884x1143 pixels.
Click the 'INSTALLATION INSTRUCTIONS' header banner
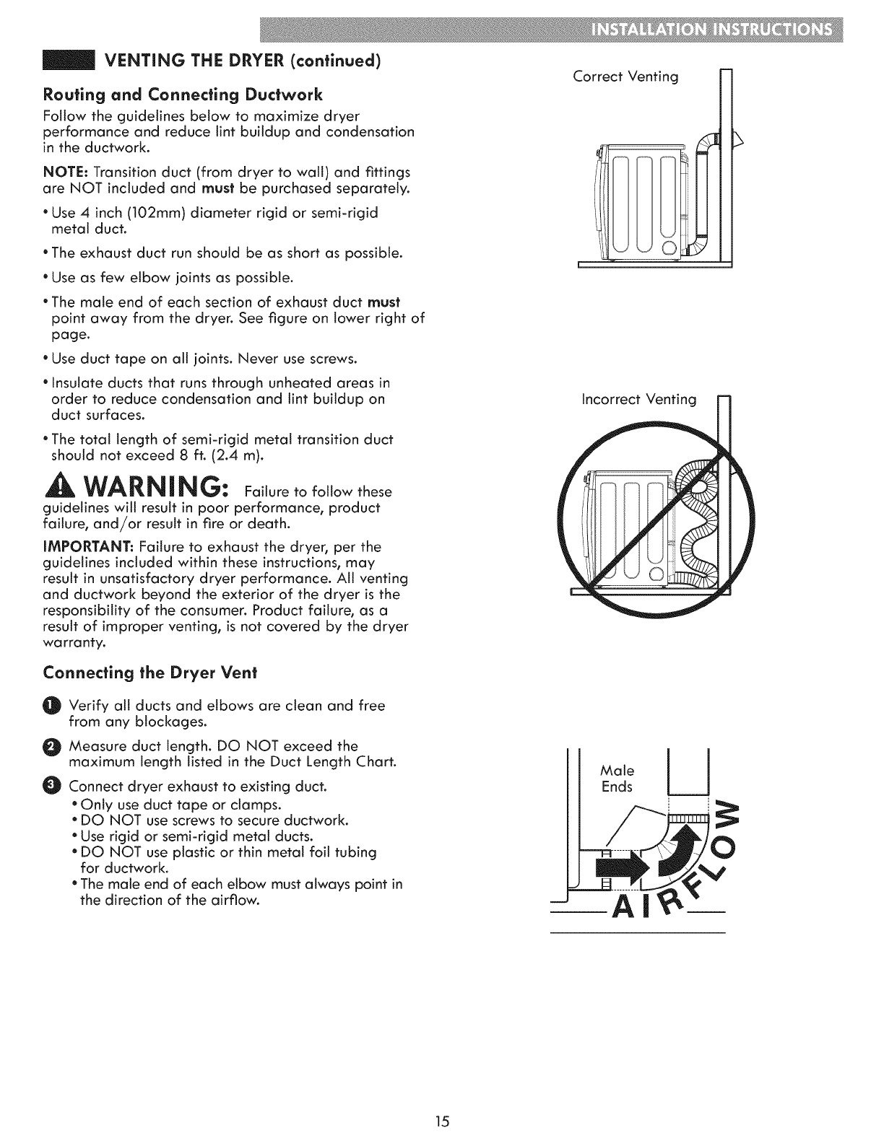point(711,32)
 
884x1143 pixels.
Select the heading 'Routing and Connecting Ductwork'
point(183,95)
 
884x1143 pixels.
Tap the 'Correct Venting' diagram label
point(625,76)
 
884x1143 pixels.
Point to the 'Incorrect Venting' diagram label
point(639,399)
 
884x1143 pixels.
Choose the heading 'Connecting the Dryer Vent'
point(150,673)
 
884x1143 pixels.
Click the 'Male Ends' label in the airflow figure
point(618,779)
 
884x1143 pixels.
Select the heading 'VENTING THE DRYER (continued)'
point(243,60)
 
